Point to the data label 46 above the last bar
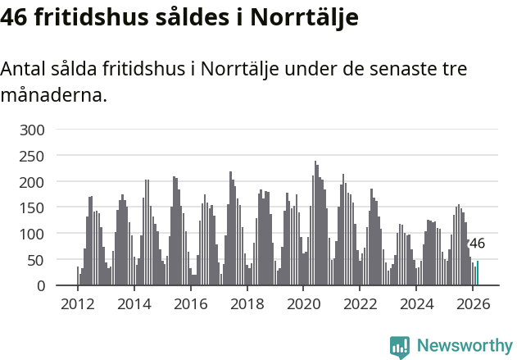pyautogui.click(x=476, y=244)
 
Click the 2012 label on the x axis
pyautogui.click(x=78, y=304)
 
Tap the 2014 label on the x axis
pyautogui.click(x=134, y=304)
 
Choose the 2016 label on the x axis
pyautogui.click(x=191, y=304)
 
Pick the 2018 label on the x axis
pyautogui.click(x=247, y=304)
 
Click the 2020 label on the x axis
pyautogui.click(x=303, y=304)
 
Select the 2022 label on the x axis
pyautogui.click(x=360, y=304)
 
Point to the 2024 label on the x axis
pyautogui.click(x=416, y=304)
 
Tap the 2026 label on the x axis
pyautogui.click(x=472, y=304)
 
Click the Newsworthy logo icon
pyautogui.click(x=400, y=347)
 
